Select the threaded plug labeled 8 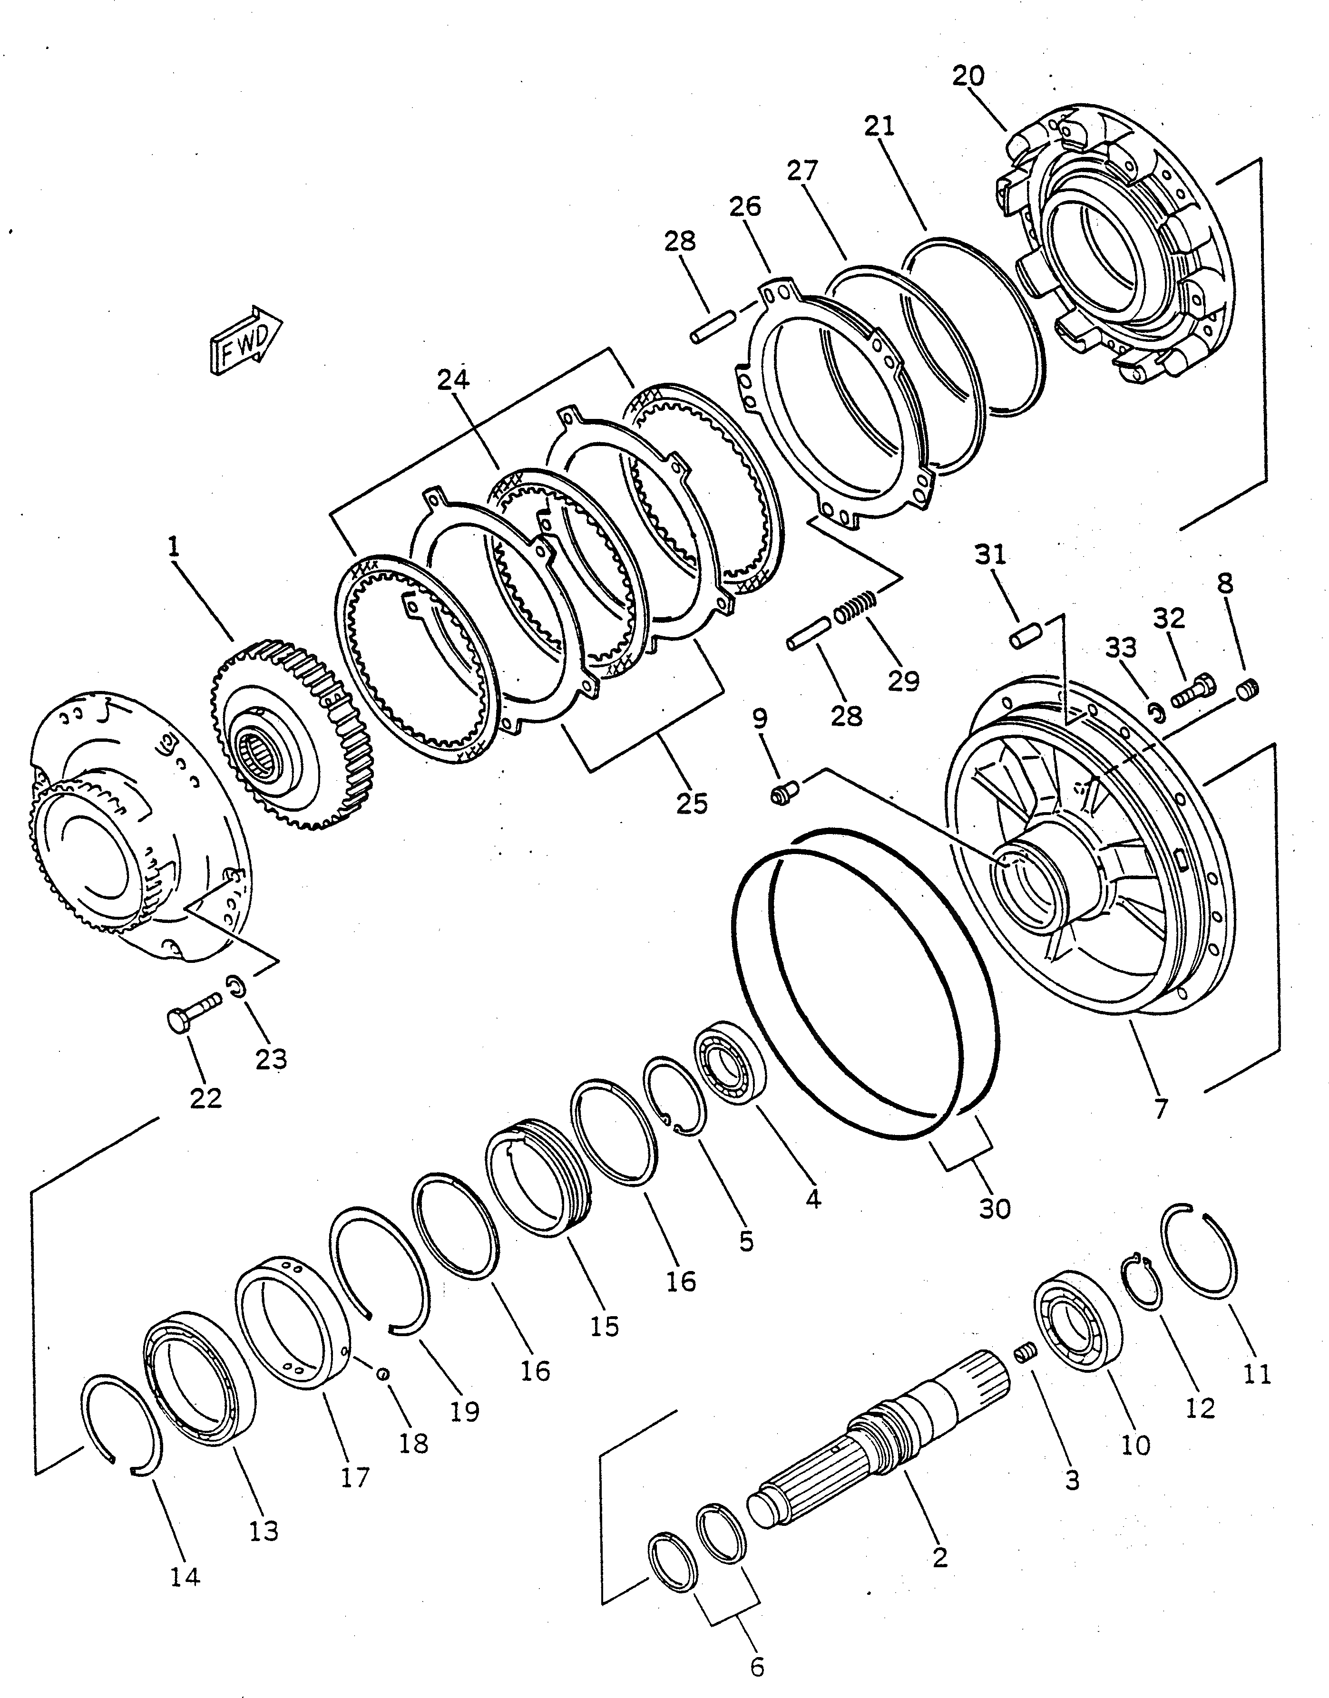(1247, 689)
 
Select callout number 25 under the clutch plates (692, 803)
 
